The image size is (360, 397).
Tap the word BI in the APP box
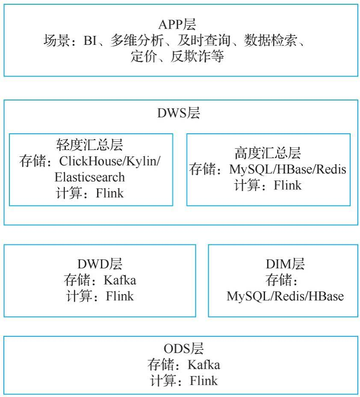[90, 41]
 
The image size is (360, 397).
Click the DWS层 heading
[179, 113]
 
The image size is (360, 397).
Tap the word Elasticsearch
[90, 177]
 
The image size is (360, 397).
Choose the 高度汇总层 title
[268, 153]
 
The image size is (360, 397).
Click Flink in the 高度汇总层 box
[287, 185]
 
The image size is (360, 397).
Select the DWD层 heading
[100, 264]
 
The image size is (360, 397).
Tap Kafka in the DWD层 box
[120, 280]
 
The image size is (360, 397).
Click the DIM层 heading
[285, 264]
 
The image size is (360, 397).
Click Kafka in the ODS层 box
[204, 365]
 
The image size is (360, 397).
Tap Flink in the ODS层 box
[204, 380]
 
